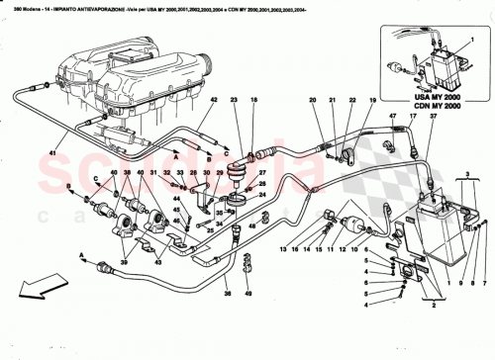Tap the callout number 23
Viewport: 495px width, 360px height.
235,102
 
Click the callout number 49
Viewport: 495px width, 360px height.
248,293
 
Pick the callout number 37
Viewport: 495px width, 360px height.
433,116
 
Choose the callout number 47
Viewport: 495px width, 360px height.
392,116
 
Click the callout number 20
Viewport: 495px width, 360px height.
312,102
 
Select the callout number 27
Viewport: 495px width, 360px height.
262,184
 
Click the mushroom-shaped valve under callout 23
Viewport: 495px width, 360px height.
236,180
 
